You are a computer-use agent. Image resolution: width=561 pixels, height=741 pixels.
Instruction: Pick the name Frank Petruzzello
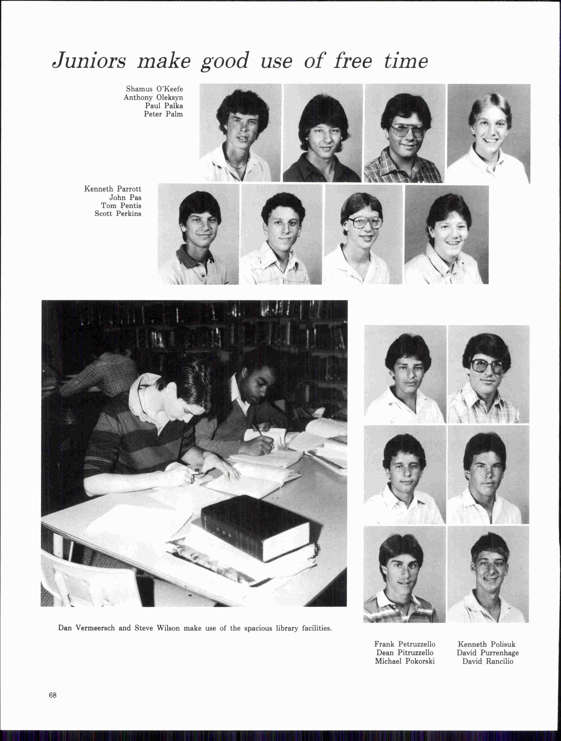(405, 644)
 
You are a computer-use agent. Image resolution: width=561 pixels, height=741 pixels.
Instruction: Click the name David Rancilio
(488, 661)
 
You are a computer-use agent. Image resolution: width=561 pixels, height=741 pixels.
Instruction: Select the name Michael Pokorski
(405, 661)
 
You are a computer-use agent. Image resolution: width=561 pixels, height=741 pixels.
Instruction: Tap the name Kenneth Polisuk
(486, 644)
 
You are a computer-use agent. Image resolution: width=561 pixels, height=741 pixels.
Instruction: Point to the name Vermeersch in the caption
(95, 628)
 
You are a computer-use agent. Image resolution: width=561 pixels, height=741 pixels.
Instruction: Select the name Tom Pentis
(121, 206)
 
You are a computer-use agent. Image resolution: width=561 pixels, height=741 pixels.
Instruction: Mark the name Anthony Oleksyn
(153, 97)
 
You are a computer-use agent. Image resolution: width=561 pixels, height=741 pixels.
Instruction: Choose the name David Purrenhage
(488, 653)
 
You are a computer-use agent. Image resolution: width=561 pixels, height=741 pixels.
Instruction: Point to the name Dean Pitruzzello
(405, 653)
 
